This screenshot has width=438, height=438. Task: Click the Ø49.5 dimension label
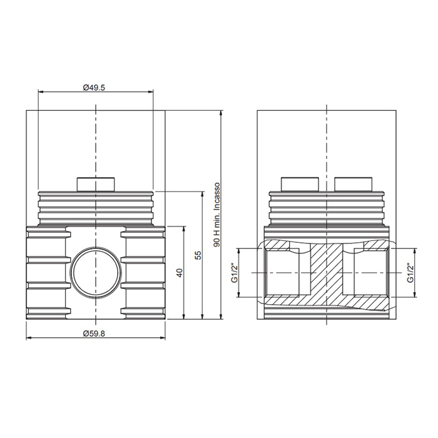coord(94,88)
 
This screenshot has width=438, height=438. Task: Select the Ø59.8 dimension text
coord(94,334)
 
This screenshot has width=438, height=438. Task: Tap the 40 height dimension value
coord(180,273)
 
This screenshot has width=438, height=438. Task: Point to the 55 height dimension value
coord(198,255)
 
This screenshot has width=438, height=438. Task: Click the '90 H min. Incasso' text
coord(216,215)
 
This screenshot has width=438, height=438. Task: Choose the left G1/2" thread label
coord(234,273)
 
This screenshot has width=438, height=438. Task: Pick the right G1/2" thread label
coord(410,273)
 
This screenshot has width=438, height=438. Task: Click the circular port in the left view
coord(96,272)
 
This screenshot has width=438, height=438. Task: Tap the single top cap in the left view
coord(96,184)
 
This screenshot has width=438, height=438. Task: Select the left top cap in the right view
coord(300,184)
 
